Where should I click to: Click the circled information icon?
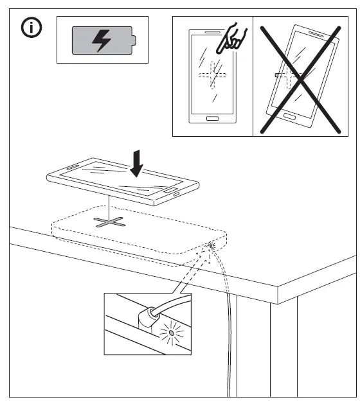(x=30, y=28)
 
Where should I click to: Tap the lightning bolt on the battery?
(x=102, y=40)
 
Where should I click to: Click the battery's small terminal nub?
(x=134, y=40)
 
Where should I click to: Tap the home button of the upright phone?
(x=212, y=118)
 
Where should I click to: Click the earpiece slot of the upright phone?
(x=212, y=31)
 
